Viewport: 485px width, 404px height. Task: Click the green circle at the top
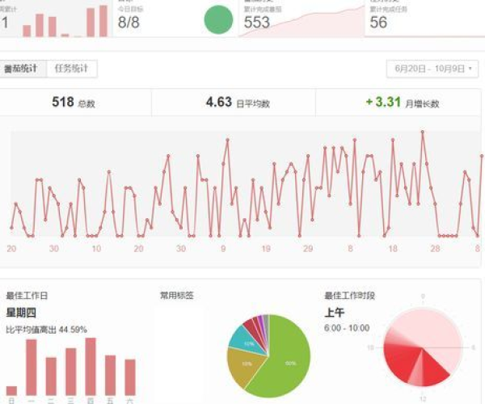(217, 20)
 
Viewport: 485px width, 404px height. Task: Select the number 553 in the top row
(256, 23)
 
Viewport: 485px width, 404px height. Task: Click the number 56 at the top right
(378, 23)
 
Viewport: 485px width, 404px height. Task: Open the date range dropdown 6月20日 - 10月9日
(432, 69)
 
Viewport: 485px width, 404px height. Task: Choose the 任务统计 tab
(71, 69)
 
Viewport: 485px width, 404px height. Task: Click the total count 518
(63, 102)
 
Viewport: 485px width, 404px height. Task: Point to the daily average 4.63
(219, 102)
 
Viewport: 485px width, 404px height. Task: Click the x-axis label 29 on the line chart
(307, 249)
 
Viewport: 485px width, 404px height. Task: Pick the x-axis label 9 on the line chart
(223, 249)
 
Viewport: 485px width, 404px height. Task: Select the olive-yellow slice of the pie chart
(242, 368)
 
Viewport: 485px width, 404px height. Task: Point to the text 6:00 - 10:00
(346, 328)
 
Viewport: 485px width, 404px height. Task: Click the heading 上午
(334, 313)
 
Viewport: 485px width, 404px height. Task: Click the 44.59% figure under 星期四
(72, 330)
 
